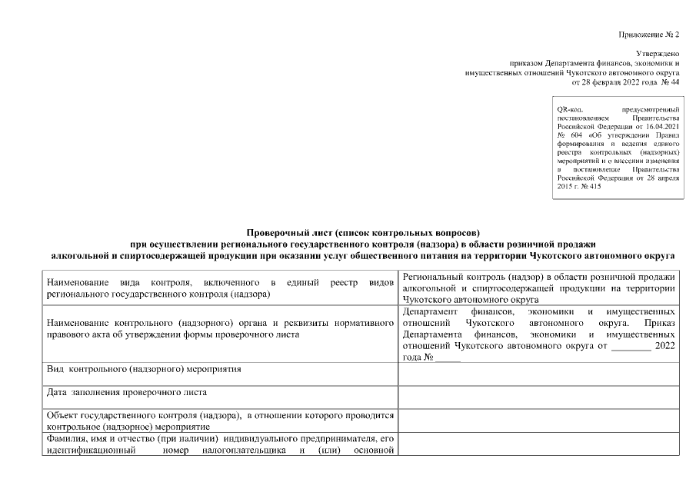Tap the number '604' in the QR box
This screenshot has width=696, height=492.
(577, 135)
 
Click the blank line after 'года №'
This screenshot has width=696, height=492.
(448, 358)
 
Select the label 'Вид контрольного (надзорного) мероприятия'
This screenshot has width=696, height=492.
(144, 370)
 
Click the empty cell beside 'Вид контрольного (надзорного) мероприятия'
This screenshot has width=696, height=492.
(538, 373)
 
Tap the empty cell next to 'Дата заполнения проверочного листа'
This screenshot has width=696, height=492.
(538, 397)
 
